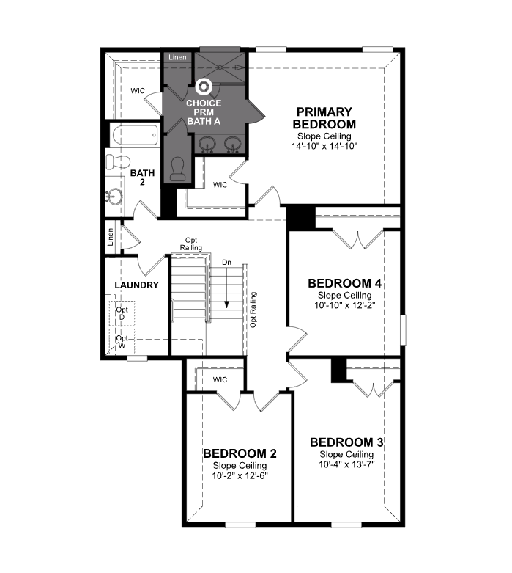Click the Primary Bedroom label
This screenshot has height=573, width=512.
(x=324, y=117)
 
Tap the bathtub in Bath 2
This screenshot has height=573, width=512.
(x=135, y=135)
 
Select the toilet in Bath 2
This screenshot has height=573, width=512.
(x=118, y=161)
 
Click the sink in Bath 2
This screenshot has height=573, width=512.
(x=114, y=197)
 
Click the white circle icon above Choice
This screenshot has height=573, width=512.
(x=203, y=87)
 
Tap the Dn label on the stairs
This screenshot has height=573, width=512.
(x=226, y=263)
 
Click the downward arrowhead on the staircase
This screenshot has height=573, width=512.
(x=226, y=304)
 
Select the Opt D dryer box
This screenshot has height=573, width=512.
(x=122, y=313)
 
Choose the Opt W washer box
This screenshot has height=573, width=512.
(x=122, y=342)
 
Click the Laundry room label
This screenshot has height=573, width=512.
(x=137, y=285)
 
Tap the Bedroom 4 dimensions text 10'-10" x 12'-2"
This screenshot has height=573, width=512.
(x=345, y=304)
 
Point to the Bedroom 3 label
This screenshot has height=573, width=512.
(x=346, y=442)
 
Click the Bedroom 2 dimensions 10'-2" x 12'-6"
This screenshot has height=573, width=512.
(x=240, y=476)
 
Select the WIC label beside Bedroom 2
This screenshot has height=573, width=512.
(x=220, y=380)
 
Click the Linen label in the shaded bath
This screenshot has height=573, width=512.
(x=177, y=57)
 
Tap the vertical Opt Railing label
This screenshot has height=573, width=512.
(x=253, y=310)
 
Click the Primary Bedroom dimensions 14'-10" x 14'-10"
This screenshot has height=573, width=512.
(x=324, y=146)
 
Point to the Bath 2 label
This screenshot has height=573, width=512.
(x=142, y=178)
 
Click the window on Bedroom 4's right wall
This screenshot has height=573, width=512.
(x=403, y=329)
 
